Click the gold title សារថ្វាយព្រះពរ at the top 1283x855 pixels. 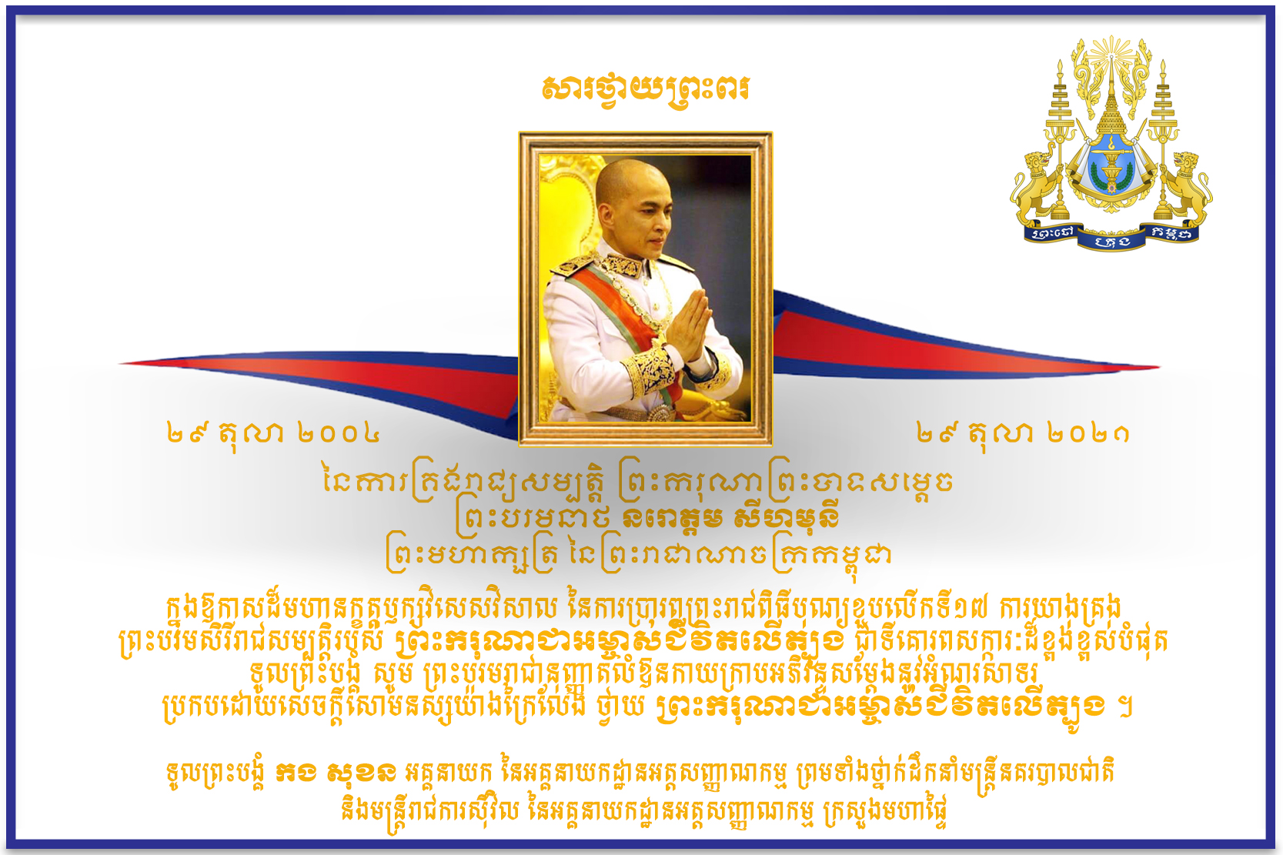[x=646, y=89]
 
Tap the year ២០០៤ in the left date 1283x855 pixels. [x=339, y=433]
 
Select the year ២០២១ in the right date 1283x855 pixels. [x=1088, y=433]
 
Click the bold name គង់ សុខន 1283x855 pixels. [x=336, y=773]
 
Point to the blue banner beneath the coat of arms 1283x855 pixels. [x=1111, y=236]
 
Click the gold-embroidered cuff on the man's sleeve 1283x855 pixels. [x=652, y=373]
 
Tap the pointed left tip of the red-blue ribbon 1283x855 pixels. [x=119, y=363]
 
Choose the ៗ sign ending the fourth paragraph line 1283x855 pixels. [x=1125, y=709]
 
